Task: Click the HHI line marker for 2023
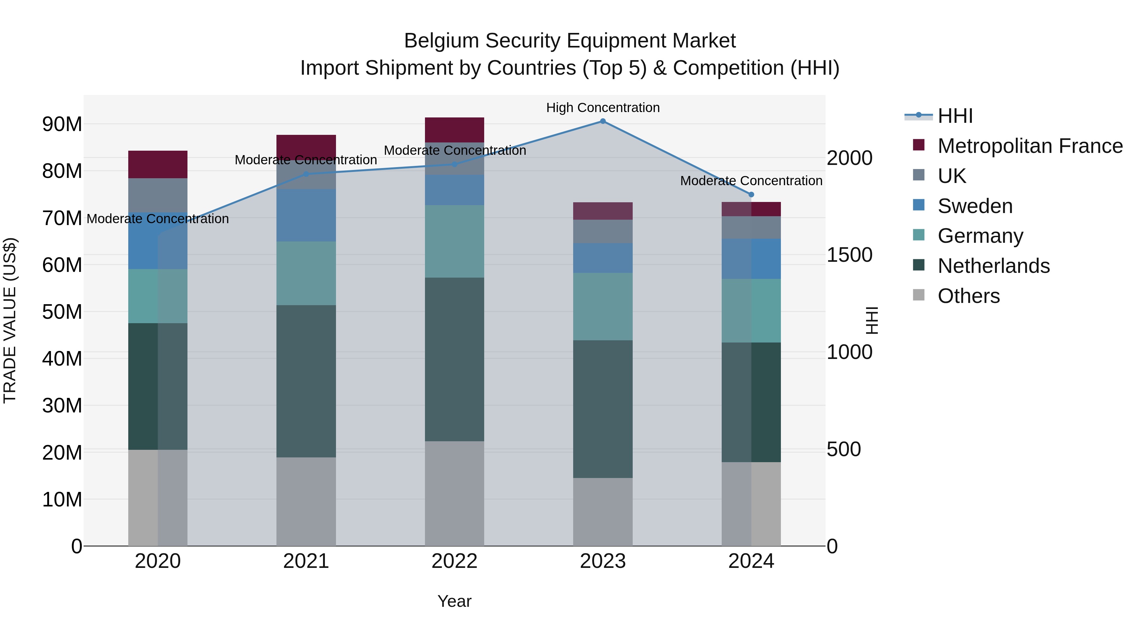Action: (x=603, y=121)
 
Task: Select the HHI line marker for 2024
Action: (x=751, y=195)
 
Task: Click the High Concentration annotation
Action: (x=603, y=108)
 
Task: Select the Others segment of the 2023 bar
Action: (x=603, y=512)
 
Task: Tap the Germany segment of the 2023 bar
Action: (x=603, y=306)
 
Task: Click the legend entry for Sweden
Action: (x=975, y=206)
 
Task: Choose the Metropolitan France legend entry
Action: (x=1030, y=146)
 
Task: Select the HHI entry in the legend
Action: (x=955, y=116)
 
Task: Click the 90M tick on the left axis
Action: (x=62, y=124)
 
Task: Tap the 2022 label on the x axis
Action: (x=454, y=561)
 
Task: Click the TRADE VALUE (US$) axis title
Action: (x=10, y=320)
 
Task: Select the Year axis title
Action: (x=454, y=601)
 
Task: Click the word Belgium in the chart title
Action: (x=438, y=41)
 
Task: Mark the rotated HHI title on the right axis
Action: (x=871, y=320)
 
